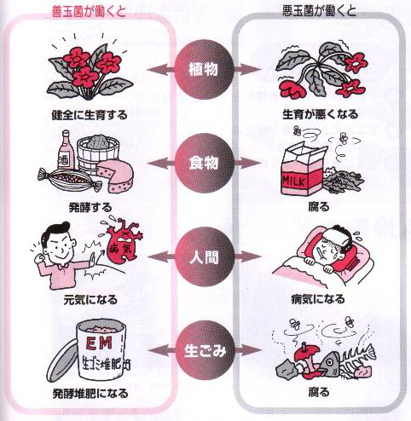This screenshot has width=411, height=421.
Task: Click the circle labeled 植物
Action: (x=204, y=69)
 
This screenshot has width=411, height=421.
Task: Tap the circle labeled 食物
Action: (x=204, y=164)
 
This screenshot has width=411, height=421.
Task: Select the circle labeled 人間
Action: (x=204, y=257)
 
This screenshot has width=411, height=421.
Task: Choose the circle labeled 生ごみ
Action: (x=204, y=351)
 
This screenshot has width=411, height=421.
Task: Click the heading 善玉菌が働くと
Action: (x=89, y=12)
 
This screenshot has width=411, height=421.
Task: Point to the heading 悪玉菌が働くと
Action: (x=319, y=11)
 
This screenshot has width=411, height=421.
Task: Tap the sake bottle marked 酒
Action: (x=66, y=150)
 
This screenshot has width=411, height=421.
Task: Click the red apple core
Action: (x=307, y=361)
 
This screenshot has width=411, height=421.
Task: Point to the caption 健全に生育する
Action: (x=90, y=115)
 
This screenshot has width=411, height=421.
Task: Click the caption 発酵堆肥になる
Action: (x=90, y=394)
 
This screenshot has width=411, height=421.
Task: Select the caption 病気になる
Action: (x=318, y=299)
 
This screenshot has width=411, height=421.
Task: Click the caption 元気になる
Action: (x=90, y=300)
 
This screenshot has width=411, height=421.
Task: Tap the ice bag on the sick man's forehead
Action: (x=339, y=238)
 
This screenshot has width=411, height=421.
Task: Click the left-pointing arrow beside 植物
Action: (x=161, y=69)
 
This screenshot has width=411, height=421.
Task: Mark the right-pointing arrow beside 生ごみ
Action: (x=246, y=350)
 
